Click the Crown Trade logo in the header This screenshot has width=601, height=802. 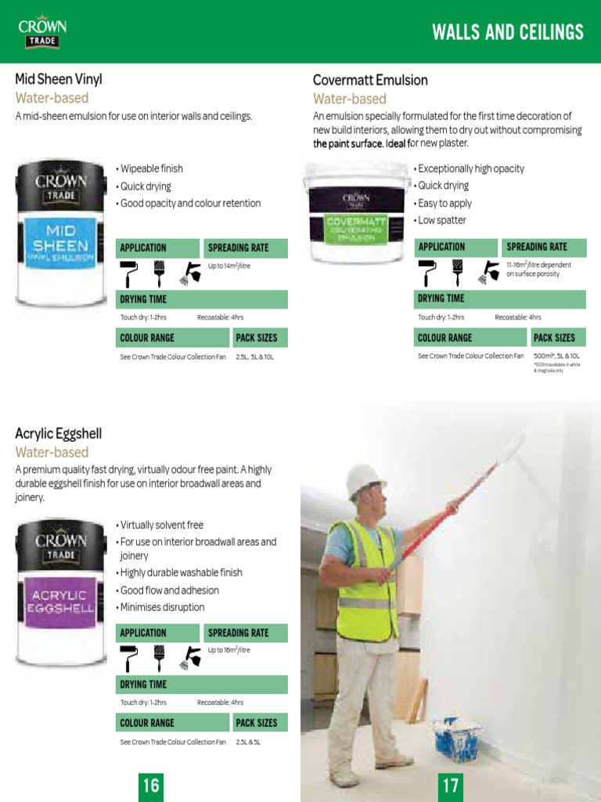click(42, 32)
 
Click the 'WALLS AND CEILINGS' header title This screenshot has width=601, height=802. click(508, 32)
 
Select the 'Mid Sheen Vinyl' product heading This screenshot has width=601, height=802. click(59, 79)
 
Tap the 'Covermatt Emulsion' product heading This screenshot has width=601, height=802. click(370, 80)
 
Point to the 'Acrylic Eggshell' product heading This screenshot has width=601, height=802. click(59, 434)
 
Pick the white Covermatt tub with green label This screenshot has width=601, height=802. click(356, 212)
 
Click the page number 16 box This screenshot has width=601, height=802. click(150, 784)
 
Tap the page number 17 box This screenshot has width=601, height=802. click(451, 784)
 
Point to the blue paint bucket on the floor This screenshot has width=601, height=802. click(458, 738)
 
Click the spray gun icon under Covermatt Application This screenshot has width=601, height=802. click(491, 272)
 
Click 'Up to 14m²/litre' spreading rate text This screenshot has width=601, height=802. click(229, 266)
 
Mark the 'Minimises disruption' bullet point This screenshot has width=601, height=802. click(161, 607)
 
